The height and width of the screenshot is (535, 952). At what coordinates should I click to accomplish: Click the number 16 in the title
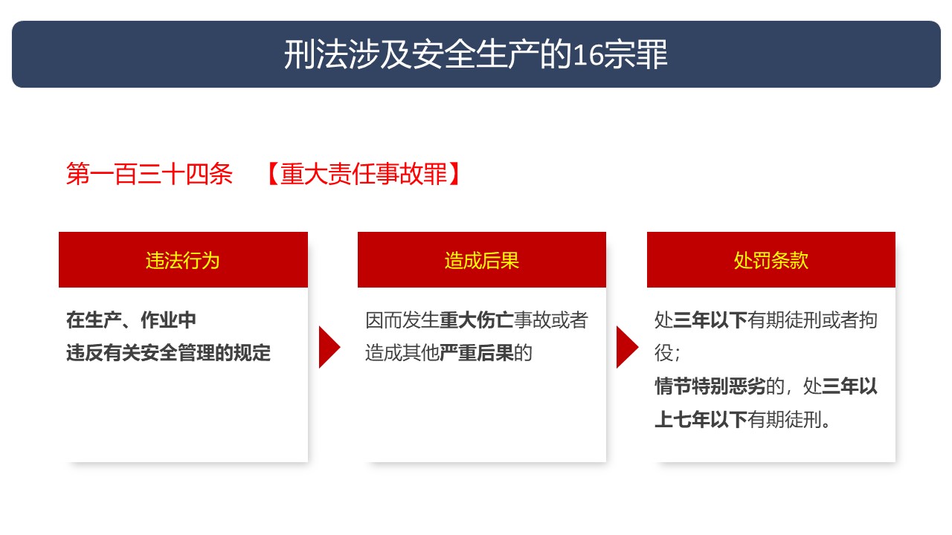[588, 55]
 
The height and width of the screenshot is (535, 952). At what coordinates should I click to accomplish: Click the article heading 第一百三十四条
[149, 174]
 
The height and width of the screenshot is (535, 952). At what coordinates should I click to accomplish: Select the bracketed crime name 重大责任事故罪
[364, 174]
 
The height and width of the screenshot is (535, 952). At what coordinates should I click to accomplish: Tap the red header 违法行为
[183, 260]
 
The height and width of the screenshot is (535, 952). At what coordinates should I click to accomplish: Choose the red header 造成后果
[481, 260]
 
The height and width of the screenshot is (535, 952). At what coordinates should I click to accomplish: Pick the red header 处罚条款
[771, 260]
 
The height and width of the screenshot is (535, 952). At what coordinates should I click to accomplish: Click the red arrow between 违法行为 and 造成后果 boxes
[329, 347]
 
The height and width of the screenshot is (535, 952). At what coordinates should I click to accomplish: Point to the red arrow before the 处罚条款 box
[627, 347]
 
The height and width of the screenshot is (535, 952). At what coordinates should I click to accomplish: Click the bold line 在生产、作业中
[131, 320]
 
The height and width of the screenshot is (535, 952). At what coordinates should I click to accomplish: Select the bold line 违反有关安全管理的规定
[168, 353]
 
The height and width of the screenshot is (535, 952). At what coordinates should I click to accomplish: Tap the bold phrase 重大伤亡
[476, 320]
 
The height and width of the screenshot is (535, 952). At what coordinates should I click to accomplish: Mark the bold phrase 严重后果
[476, 353]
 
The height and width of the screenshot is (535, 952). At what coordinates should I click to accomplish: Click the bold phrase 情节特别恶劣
[710, 386]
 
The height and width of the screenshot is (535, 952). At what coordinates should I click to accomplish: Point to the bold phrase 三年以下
[710, 320]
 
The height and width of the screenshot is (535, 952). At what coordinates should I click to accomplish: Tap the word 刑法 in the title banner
[315, 55]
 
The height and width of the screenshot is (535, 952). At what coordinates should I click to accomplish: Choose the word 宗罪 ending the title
[635, 55]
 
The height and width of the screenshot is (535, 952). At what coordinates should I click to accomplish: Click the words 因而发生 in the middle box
[402, 320]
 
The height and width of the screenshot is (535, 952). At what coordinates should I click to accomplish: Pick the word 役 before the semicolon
[663, 353]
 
